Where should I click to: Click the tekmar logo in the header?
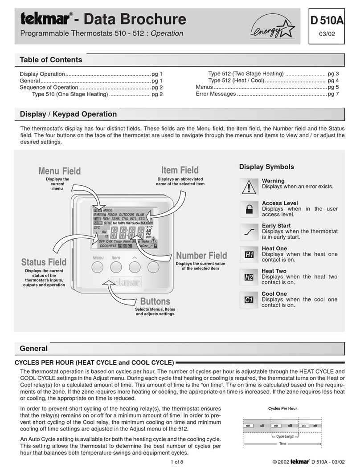[44, 20]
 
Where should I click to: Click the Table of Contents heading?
[51, 60]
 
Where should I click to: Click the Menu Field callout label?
[60, 171]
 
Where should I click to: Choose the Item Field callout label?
[180, 170]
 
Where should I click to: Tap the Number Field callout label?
[201, 256]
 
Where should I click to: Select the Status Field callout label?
[44, 262]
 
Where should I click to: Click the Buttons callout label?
[155, 302]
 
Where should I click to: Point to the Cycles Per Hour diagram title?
[282, 408]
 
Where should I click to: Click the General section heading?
[34, 348]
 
